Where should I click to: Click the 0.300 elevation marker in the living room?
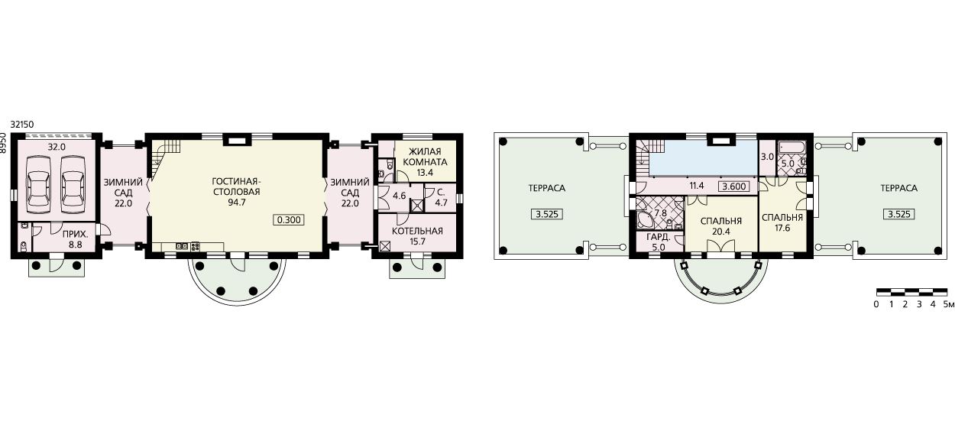[289, 220]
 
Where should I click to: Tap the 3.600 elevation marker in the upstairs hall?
[734, 186]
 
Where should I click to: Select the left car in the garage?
[38, 184]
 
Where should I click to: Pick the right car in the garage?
[73, 184]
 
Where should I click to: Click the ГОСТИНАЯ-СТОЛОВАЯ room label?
[236, 186]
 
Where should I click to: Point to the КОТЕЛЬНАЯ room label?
[417, 231]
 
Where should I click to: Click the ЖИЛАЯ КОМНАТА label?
[425, 157]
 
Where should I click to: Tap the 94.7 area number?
[236, 203]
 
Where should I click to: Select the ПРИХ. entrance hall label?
[76, 235]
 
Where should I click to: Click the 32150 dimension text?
[22, 125]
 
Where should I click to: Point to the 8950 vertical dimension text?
[4, 143]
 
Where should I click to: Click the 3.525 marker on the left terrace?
[547, 214]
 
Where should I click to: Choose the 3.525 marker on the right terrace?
[899, 214]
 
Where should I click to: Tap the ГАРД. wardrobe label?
[659, 238]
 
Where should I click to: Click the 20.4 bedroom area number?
[721, 232]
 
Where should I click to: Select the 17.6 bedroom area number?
[782, 228]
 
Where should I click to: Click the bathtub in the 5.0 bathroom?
[792, 148]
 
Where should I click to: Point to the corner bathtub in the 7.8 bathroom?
[645, 220]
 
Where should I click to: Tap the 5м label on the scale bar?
[949, 304]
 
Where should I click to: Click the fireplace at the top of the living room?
[237, 140]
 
